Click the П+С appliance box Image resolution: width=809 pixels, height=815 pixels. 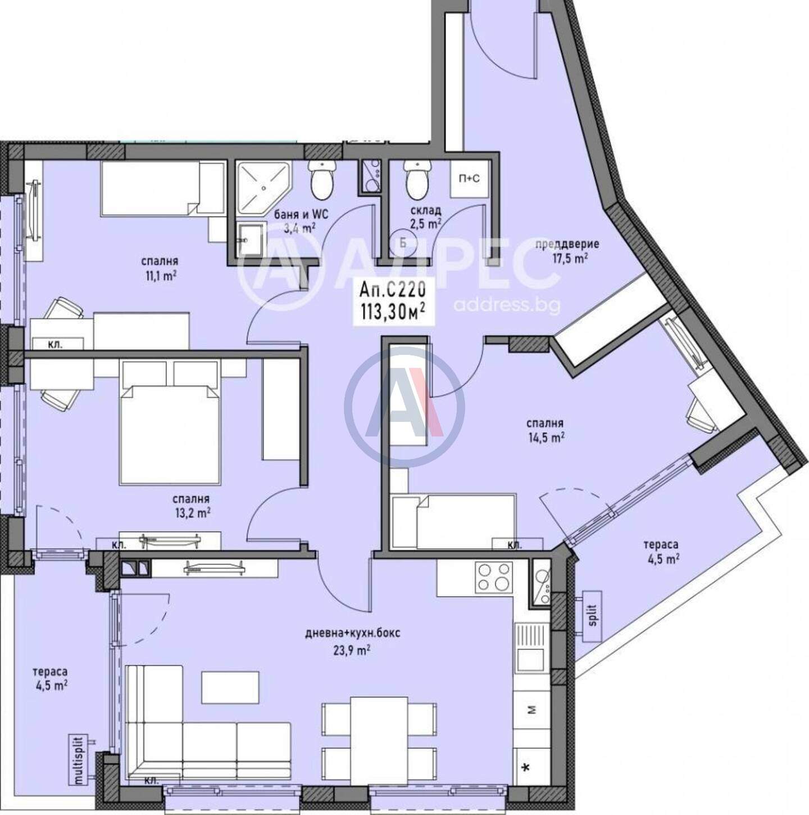469,179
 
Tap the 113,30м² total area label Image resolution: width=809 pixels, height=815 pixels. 393,313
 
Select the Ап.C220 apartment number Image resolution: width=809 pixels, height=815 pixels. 393,291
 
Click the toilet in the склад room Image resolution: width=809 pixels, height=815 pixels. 416,180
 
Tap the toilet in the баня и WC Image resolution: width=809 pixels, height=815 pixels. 323,180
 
